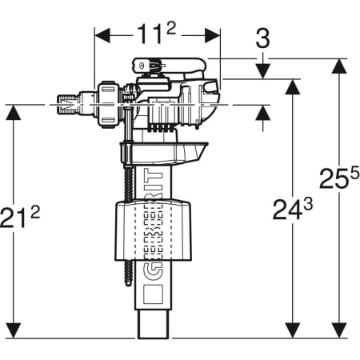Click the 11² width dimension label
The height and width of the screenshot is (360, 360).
tap(156, 34)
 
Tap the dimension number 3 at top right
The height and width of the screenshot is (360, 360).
tap(262, 39)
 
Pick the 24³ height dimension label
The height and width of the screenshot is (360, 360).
tap(293, 209)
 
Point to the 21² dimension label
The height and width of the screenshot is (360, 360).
tap(20, 217)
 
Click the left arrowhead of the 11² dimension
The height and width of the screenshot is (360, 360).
tap(102, 35)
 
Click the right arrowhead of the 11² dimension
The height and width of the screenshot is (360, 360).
tap(213, 35)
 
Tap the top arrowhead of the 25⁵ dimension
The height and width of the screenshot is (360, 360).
tap(339, 66)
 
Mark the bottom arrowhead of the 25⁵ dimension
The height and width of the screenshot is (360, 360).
tap(339, 330)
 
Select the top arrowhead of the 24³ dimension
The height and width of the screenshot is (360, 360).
tap(293, 87)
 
